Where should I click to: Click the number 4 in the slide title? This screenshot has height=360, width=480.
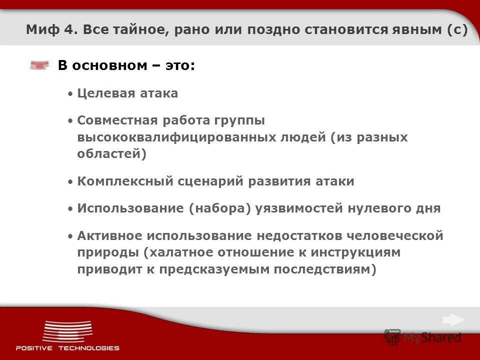pos(66,30)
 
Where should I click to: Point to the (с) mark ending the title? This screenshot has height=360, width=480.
pos(457,30)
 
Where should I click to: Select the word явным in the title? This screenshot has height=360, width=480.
pos(414,30)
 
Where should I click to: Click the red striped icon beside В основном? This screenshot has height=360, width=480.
pos(39,65)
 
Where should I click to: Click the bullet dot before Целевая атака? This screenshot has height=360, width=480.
pos(70,94)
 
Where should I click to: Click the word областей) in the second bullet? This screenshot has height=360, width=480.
pos(112,153)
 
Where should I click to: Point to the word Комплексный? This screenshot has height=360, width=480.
pos(125,181)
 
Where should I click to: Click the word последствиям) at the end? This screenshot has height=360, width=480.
pos(325,269)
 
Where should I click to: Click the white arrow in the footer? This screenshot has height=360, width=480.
pos(453,320)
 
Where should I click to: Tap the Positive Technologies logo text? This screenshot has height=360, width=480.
pos(67,348)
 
